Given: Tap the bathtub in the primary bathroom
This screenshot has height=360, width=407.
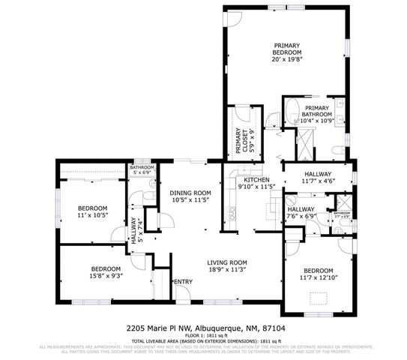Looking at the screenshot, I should tap(293, 106).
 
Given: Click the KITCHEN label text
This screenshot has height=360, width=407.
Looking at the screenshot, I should tap(256, 180).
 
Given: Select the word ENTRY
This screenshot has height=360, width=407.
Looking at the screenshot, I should tap(184, 282).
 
